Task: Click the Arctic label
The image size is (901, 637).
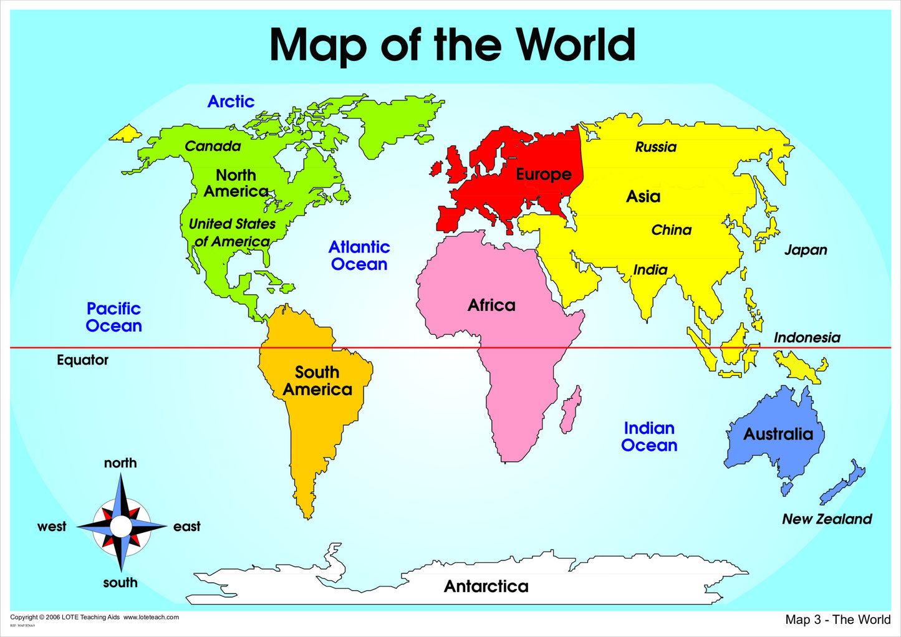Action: [x=231, y=102]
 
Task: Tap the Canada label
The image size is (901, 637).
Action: [x=213, y=146]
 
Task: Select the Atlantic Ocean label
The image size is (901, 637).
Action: [x=359, y=256]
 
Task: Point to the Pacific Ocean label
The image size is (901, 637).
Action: [x=113, y=317]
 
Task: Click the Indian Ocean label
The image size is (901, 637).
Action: [x=649, y=437]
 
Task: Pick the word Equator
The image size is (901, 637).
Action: [x=82, y=360]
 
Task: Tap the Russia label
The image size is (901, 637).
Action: [x=656, y=147]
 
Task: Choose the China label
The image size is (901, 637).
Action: [x=672, y=230]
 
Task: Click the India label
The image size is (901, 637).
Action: [x=650, y=270]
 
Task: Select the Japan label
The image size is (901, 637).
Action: [x=806, y=250]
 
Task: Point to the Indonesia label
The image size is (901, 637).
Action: [x=807, y=338]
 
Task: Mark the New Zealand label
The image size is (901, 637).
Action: [x=827, y=519]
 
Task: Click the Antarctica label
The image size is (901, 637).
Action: [x=486, y=587]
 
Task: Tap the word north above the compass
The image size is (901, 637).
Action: [x=120, y=463]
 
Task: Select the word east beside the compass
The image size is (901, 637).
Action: [x=187, y=527]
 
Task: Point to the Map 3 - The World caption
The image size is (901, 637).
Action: [x=838, y=620]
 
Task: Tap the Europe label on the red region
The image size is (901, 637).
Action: [x=544, y=175]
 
